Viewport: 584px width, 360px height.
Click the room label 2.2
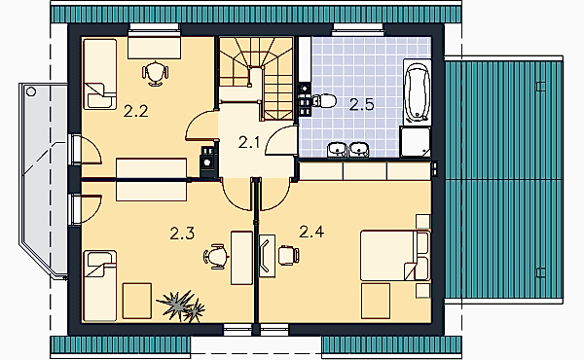[136, 111]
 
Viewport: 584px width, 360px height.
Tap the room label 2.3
[182, 234]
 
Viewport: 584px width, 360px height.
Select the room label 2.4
[311, 232]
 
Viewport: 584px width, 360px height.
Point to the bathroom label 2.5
[362, 105]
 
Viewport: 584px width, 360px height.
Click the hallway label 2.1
[249, 142]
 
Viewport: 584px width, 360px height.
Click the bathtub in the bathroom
[418, 92]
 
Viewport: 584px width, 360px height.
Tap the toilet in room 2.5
[324, 100]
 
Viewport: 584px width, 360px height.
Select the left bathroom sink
[338, 150]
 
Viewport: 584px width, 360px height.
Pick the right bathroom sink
[359, 150]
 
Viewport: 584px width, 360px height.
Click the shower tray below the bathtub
[416, 141]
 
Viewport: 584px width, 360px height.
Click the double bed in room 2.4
[395, 255]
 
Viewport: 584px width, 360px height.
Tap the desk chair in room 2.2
[156, 73]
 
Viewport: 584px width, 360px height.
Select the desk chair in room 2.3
[216, 256]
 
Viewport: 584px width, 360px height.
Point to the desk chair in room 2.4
[289, 255]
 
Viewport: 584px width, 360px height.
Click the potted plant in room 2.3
[181, 306]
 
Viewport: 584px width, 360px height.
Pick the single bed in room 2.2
[100, 74]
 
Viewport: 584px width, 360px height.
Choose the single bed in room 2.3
[100, 285]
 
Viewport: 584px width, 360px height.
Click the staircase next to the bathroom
[256, 78]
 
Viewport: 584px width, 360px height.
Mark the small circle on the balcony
[31, 91]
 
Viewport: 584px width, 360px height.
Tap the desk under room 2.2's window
[154, 48]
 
